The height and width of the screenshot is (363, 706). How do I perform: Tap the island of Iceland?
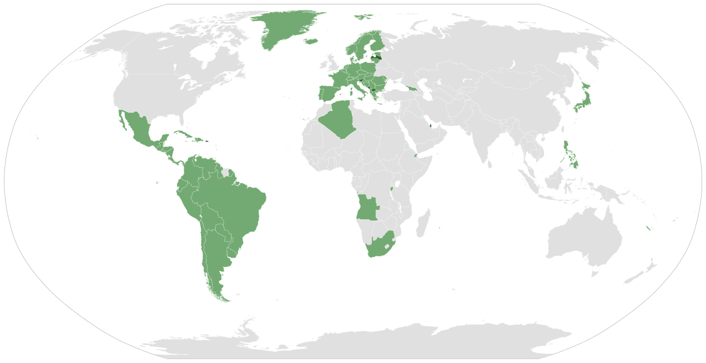tap(311, 41)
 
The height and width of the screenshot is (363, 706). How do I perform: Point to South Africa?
tap(378, 246)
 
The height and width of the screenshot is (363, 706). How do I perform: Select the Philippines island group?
tap(571, 155)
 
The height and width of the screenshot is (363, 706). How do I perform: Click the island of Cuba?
tap(185, 135)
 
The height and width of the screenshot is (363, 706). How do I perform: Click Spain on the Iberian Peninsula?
tap(329, 92)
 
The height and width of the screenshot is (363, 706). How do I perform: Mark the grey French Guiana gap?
tap(226, 172)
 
